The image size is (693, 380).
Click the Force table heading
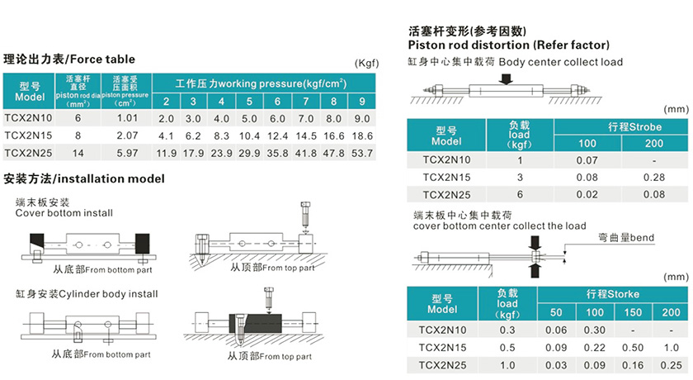point(69,59)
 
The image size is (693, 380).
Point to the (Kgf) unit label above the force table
point(365,64)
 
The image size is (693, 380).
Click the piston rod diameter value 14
point(78,153)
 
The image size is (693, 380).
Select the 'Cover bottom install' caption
point(64,213)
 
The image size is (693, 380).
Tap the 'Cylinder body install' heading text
point(86,293)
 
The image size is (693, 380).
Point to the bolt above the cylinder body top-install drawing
point(269,295)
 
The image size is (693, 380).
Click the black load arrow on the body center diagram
point(506,78)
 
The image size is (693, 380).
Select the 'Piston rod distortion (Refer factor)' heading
point(509,45)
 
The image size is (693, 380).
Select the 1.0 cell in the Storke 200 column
point(672,347)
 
